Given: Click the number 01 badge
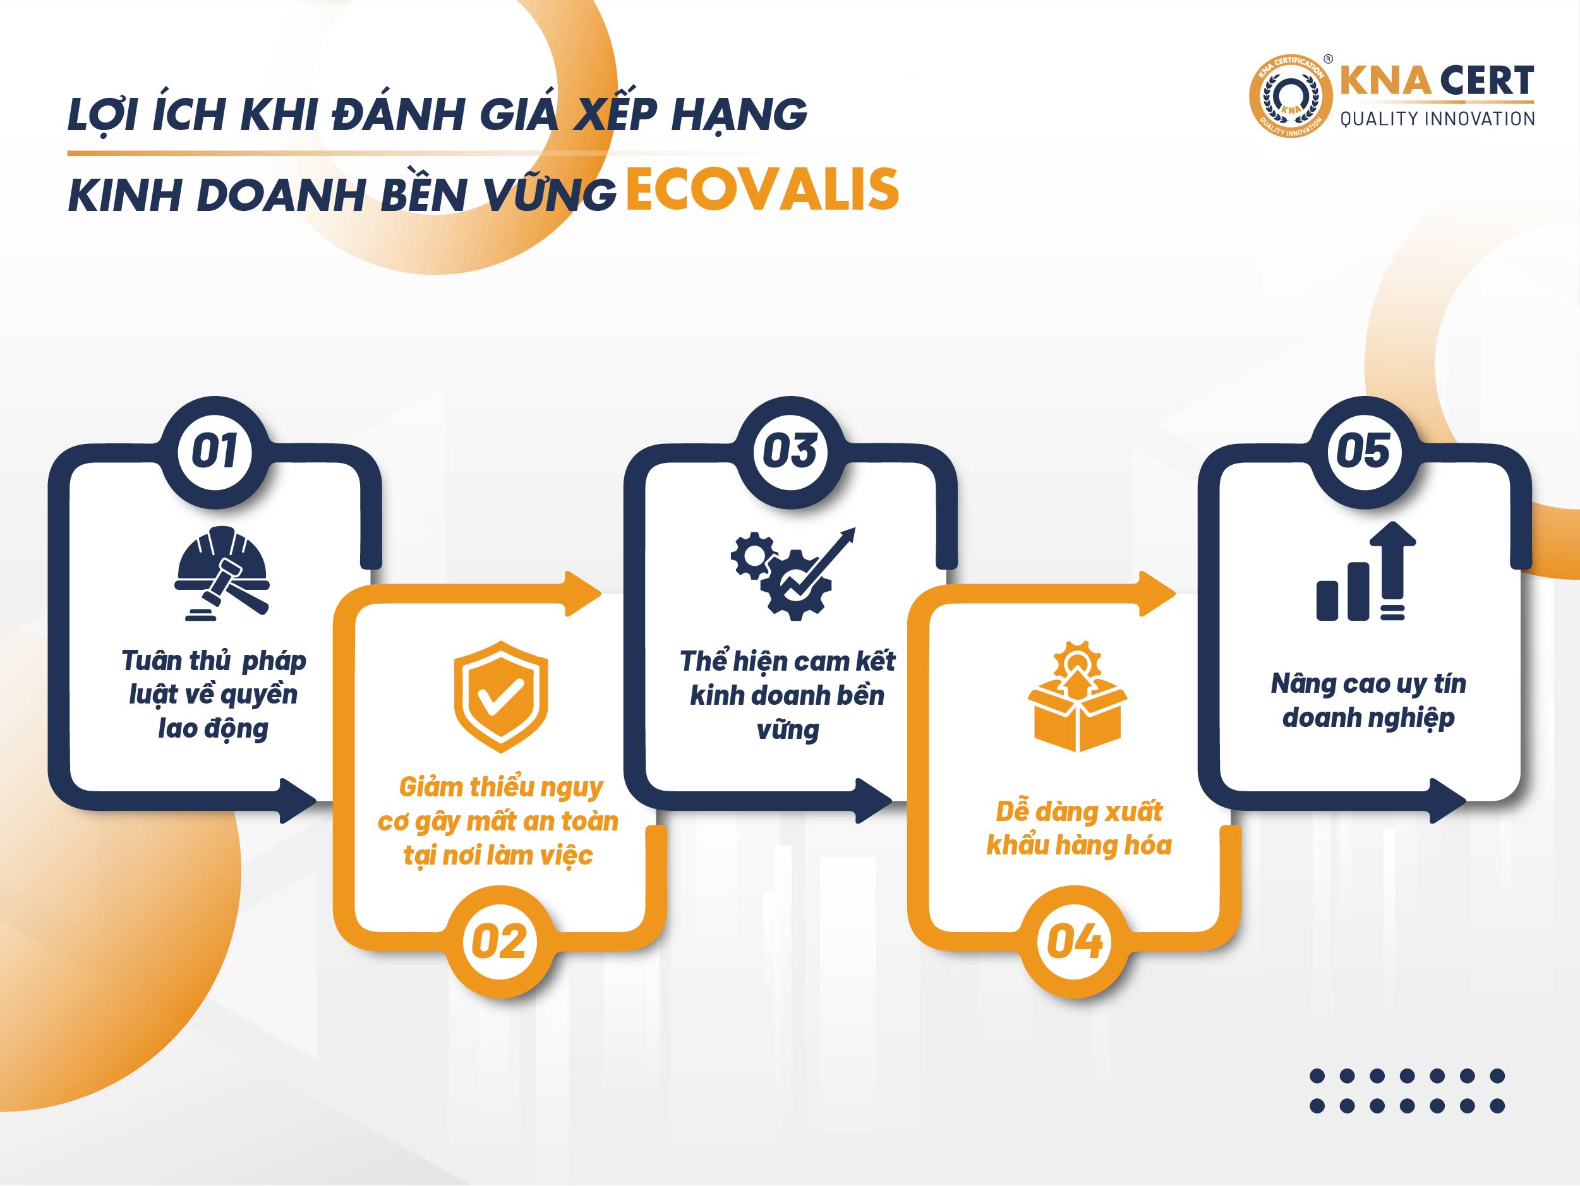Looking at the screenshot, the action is pos(215,452).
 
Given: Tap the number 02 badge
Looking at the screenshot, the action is pos(499,941).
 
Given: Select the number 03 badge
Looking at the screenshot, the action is pos(790,452).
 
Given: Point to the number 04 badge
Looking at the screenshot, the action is pos(1075,941).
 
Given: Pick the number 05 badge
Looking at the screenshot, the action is pos(1365,452).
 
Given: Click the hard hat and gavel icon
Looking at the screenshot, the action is pos(222,573).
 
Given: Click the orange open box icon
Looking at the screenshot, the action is pos(1077,696).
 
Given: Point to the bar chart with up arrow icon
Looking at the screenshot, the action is pos(1366,572).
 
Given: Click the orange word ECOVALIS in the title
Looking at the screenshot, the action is pos(762,189).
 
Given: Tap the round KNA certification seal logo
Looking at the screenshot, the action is pos(1290,96).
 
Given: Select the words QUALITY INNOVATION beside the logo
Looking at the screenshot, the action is pos(1437,119).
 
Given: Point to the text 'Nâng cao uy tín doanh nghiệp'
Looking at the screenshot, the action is pos(1368,701).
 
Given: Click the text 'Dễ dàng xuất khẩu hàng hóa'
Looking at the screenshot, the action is pos(1078,829).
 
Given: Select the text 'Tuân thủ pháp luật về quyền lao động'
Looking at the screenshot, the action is pos(214,694).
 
